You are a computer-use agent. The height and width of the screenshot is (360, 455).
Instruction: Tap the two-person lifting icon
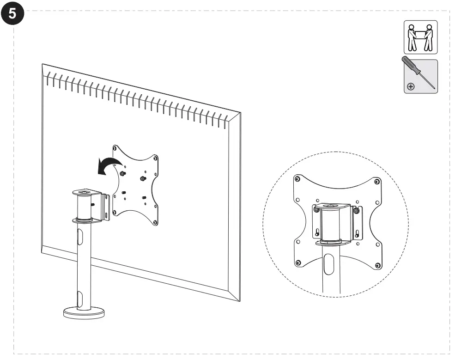(x=420, y=37)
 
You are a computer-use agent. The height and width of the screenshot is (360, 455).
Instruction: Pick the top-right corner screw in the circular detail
(x=377, y=179)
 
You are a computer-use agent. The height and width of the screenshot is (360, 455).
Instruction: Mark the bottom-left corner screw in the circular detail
(x=298, y=263)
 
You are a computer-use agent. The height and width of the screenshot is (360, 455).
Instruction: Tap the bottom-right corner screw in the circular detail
(x=378, y=265)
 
